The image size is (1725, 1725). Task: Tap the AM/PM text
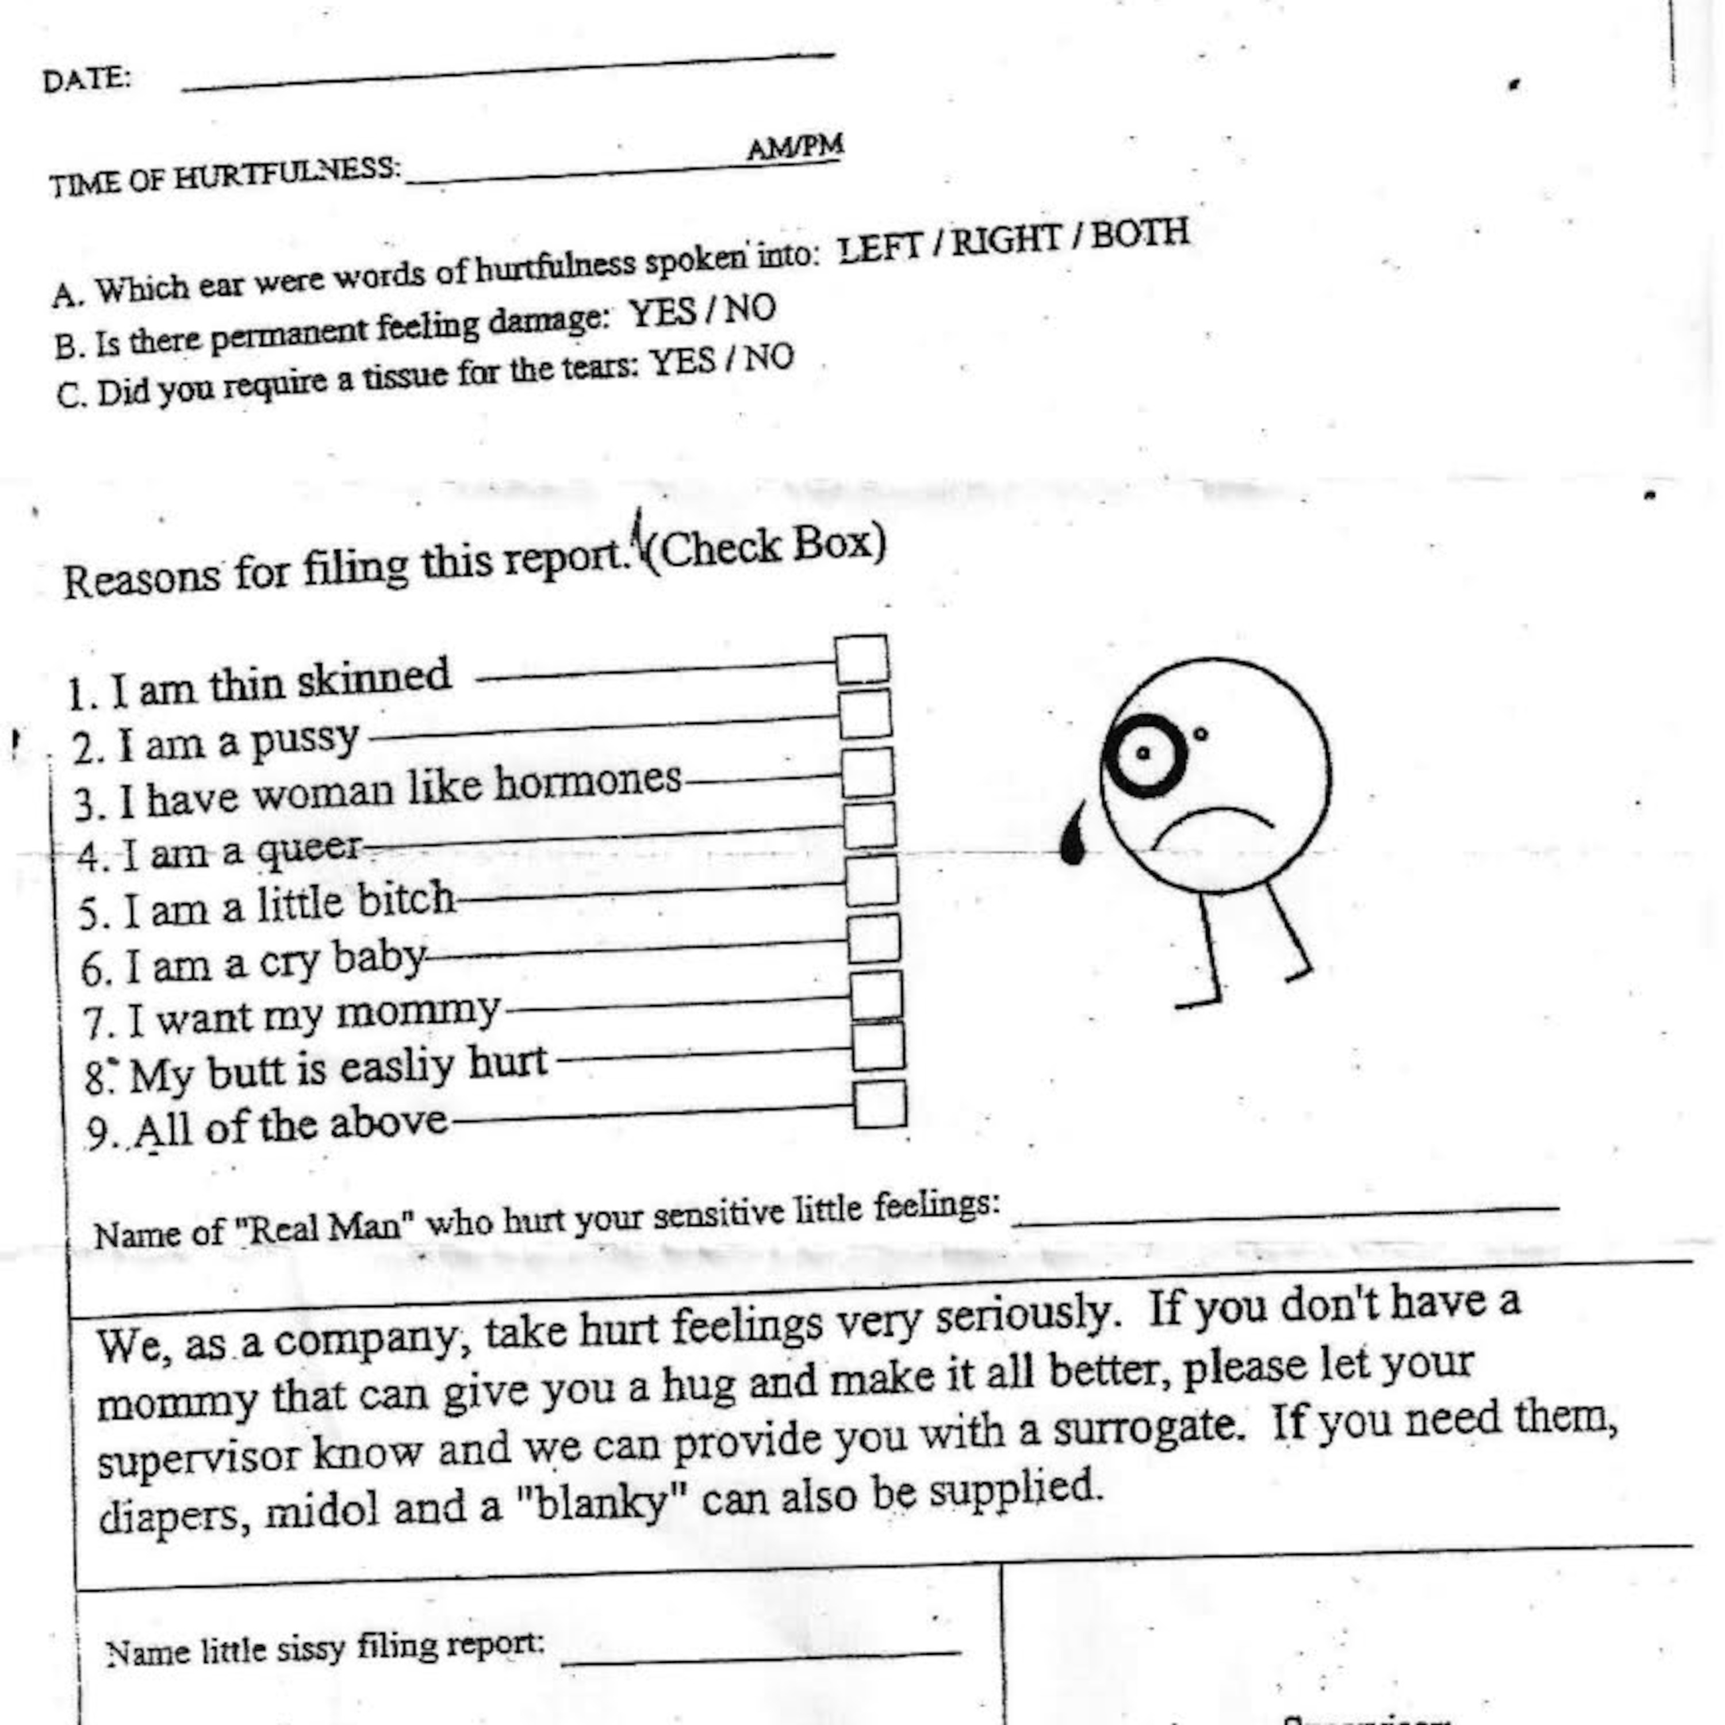pos(795,147)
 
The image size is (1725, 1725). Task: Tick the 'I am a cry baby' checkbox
pos(873,938)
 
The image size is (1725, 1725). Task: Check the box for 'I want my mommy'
pos(876,995)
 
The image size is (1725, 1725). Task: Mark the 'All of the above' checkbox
pos(880,1105)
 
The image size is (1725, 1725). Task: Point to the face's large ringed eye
pos(1144,754)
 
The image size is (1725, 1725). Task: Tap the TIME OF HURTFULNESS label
pos(225,177)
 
